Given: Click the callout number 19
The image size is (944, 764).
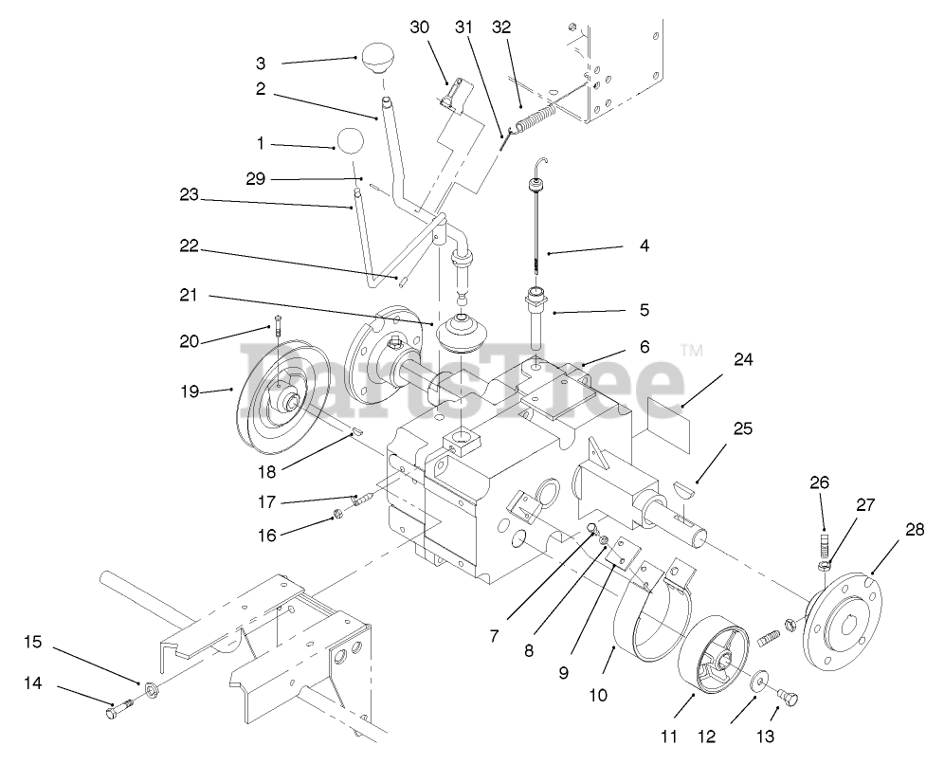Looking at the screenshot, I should pos(190,390).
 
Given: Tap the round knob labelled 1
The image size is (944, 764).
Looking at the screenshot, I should pos(349,140).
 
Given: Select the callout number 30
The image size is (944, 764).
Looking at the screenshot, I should pos(420,27).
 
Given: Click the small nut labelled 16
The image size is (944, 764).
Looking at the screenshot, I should pos(336,516).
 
